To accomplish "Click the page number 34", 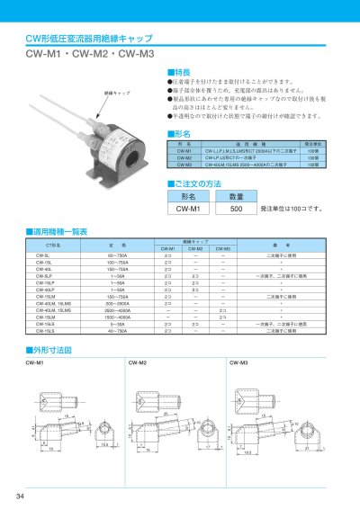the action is [x=20, y=497].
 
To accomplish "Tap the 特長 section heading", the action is [x=184, y=71].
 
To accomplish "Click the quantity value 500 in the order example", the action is [x=237, y=208].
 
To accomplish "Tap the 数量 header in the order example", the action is [x=237, y=195].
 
